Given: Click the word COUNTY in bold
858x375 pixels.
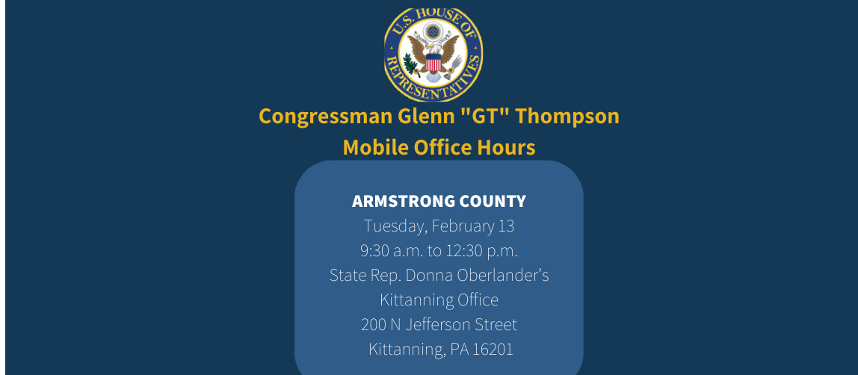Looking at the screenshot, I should pos(493,202).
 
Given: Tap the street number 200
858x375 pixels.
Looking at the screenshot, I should pos(374,325).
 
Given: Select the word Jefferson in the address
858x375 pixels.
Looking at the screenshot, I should pos(439,325).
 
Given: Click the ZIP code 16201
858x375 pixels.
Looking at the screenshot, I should pos(492,350).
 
